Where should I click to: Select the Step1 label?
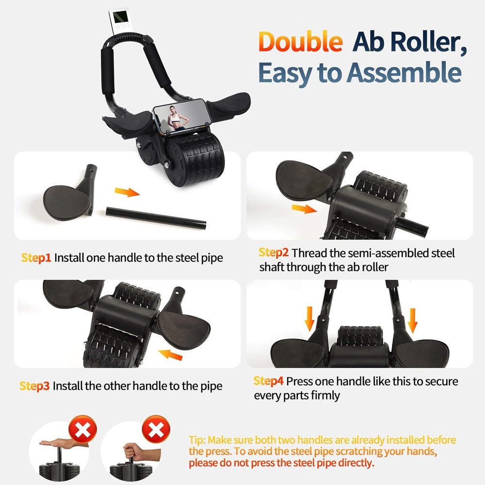[36, 258]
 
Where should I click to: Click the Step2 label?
[274, 253]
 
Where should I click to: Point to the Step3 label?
[34, 386]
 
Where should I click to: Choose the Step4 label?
[269, 381]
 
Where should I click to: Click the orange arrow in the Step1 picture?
[128, 192]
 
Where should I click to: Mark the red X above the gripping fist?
[156, 429]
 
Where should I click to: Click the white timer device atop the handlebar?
[119, 22]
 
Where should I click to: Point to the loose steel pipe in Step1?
[156, 218]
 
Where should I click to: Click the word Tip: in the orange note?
[197, 440]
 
